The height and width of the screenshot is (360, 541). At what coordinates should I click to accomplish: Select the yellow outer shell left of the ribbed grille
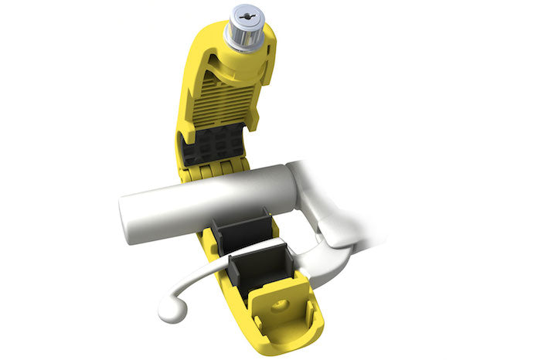(189, 85)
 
